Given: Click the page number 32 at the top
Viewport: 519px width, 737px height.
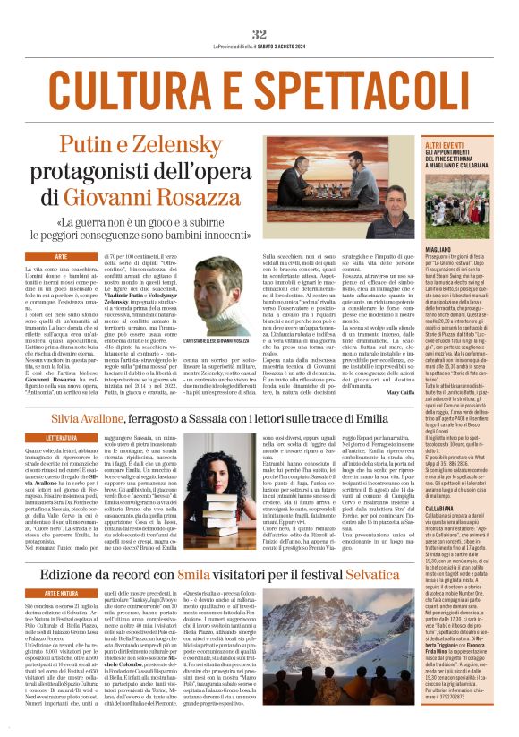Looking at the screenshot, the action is (259, 34).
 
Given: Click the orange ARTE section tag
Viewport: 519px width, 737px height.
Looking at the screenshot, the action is (62, 256).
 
